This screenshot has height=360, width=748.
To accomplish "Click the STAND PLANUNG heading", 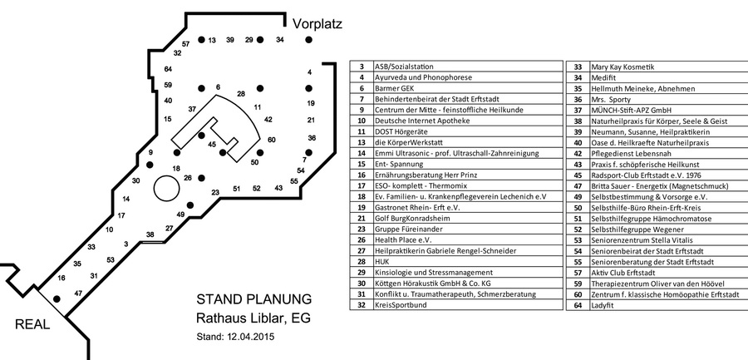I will click(x=253, y=299).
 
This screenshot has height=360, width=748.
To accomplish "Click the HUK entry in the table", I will click(x=383, y=261).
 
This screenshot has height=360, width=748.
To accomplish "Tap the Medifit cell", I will click(x=603, y=76).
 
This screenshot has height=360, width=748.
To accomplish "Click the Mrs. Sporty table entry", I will click(x=608, y=98).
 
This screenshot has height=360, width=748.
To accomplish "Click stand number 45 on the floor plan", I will click(x=212, y=145).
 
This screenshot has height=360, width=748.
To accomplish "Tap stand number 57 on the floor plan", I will click(x=185, y=43).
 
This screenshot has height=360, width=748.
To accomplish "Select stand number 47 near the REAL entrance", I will click(x=78, y=293).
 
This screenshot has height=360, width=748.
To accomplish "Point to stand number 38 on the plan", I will click(x=150, y=235).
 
